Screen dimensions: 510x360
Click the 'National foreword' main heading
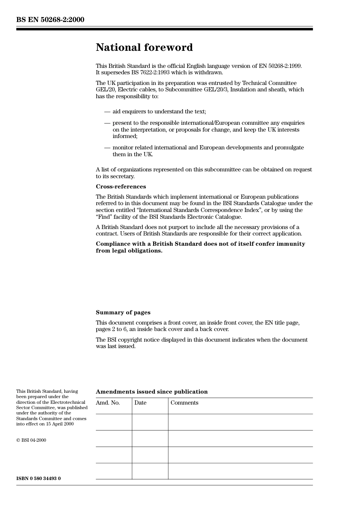coord(144,47)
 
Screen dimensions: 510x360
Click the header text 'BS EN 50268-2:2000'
coord(50,20)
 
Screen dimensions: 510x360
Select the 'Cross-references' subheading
coord(121,187)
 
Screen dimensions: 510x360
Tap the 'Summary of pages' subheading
coord(123,312)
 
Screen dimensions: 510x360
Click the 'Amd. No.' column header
coord(108,403)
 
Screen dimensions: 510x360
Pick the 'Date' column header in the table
coord(140,403)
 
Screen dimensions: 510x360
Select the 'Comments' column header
coord(184,403)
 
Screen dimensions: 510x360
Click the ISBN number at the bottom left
coord(38,479)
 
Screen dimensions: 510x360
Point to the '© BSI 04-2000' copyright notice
coord(31,440)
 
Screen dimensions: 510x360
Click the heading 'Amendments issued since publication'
coord(152,392)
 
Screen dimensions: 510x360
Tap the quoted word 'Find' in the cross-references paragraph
coord(104,217)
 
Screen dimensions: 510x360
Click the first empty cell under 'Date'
coord(150,422)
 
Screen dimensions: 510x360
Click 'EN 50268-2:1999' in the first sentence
coord(280,66)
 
